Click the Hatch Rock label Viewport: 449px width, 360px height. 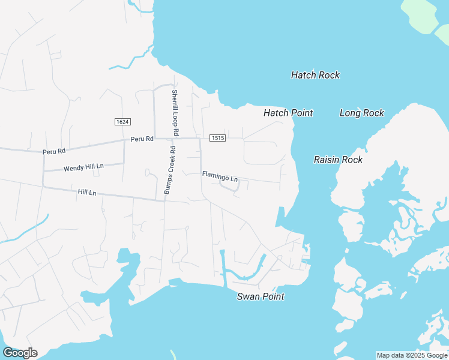click(x=315, y=75)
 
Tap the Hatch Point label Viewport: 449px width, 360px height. click(x=288, y=113)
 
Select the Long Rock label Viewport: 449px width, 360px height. click(x=361, y=113)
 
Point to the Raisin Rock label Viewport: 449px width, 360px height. click(x=338, y=160)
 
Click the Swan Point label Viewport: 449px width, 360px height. click(x=261, y=296)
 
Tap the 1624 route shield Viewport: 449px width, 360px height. click(x=122, y=122)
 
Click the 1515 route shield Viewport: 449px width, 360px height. click(x=217, y=138)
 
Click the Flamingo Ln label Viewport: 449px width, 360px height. click(x=220, y=177)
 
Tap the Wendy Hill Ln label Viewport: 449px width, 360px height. click(x=83, y=167)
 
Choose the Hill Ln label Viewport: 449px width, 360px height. click(x=87, y=192)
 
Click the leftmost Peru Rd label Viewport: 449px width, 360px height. click(x=53, y=152)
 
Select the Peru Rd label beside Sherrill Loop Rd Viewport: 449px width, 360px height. click(x=142, y=139)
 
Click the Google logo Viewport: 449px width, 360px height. click(x=20, y=353)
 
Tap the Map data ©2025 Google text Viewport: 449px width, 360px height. click(x=412, y=355)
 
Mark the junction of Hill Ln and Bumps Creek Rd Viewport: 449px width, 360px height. click(x=164, y=200)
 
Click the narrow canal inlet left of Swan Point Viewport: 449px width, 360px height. click(x=222, y=264)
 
